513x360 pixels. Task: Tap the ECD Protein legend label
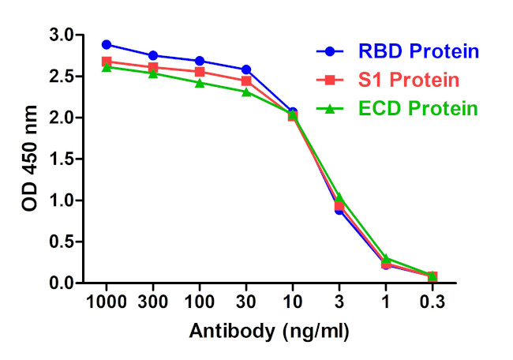419,108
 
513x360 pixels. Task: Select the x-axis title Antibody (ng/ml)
268,332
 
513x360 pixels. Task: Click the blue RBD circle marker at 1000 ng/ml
107,44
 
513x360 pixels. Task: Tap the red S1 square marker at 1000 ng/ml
107,61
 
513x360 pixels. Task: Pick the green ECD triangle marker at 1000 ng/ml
107,67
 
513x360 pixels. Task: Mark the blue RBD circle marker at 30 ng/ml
246,69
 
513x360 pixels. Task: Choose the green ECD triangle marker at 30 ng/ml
246,92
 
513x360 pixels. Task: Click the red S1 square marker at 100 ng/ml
200,72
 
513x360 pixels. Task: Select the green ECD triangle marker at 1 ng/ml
386,258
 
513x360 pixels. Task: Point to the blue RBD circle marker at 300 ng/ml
153,55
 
